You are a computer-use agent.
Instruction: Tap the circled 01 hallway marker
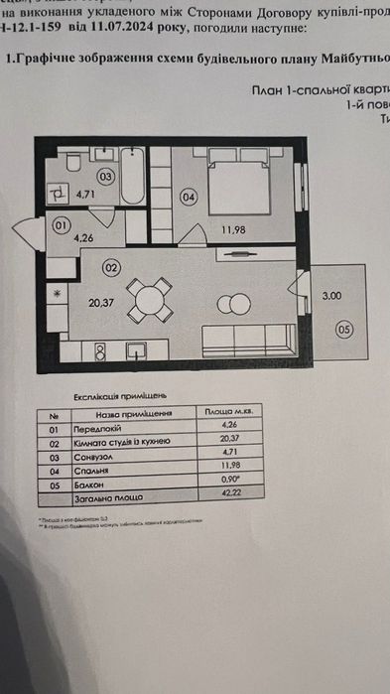[60, 226]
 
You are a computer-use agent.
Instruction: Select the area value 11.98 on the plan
[233, 231]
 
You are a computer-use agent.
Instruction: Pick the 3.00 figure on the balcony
[330, 296]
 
